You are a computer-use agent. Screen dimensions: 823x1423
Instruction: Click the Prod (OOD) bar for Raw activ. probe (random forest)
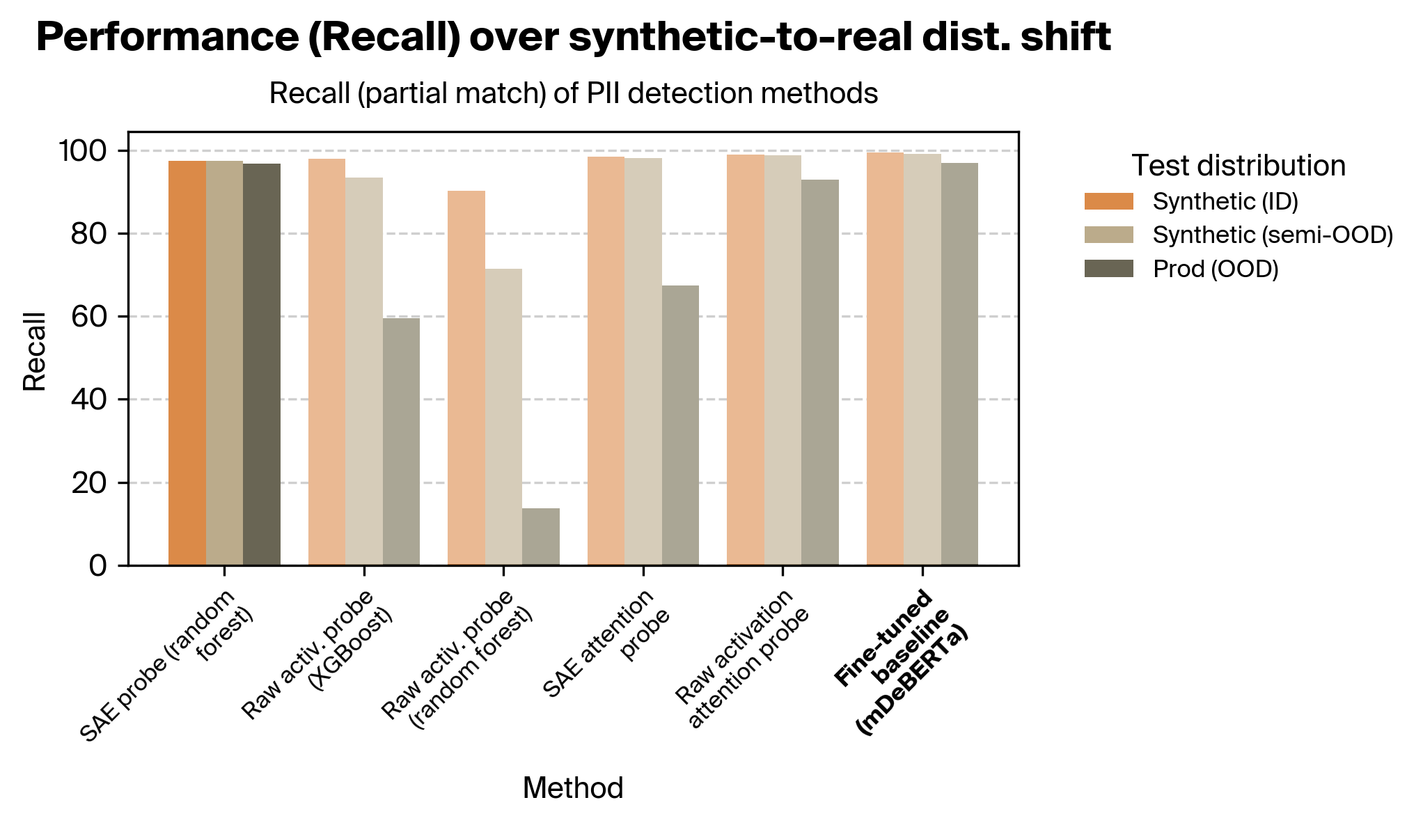tap(540, 537)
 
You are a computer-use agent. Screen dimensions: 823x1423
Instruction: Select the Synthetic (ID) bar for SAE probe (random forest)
tap(187, 363)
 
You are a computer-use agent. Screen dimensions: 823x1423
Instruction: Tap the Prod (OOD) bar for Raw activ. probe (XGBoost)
tap(401, 441)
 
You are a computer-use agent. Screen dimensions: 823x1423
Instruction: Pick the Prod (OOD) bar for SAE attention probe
tap(680, 425)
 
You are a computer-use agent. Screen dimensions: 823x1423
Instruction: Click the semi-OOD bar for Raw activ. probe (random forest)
tap(503, 417)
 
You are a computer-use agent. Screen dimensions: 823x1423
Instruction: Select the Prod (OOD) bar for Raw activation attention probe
tap(819, 373)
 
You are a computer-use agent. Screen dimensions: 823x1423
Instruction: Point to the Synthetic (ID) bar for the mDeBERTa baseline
tap(885, 359)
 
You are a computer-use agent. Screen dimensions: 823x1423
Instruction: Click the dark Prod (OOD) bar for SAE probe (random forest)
tap(261, 364)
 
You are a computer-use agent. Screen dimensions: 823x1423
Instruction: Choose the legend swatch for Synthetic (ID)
tap(1108, 202)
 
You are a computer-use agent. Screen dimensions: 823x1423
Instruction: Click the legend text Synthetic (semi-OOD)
tap(1273, 235)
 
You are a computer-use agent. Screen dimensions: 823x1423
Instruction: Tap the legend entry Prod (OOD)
tap(1215, 269)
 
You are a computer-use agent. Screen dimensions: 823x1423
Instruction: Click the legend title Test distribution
tap(1238, 166)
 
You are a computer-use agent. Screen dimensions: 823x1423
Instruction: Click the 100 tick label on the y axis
tap(82, 151)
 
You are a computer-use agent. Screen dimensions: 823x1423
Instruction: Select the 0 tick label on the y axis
tap(98, 565)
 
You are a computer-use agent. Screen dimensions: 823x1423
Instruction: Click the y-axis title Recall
tap(35, 352)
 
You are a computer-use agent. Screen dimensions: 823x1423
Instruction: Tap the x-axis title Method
tap(572, 788)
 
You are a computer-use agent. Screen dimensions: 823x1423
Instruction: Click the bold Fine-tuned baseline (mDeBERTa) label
tap(901, 661)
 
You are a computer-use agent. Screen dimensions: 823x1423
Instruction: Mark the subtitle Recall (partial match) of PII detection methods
tap(573, 93)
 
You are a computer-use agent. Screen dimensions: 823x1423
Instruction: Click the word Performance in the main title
tap(166, 38)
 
